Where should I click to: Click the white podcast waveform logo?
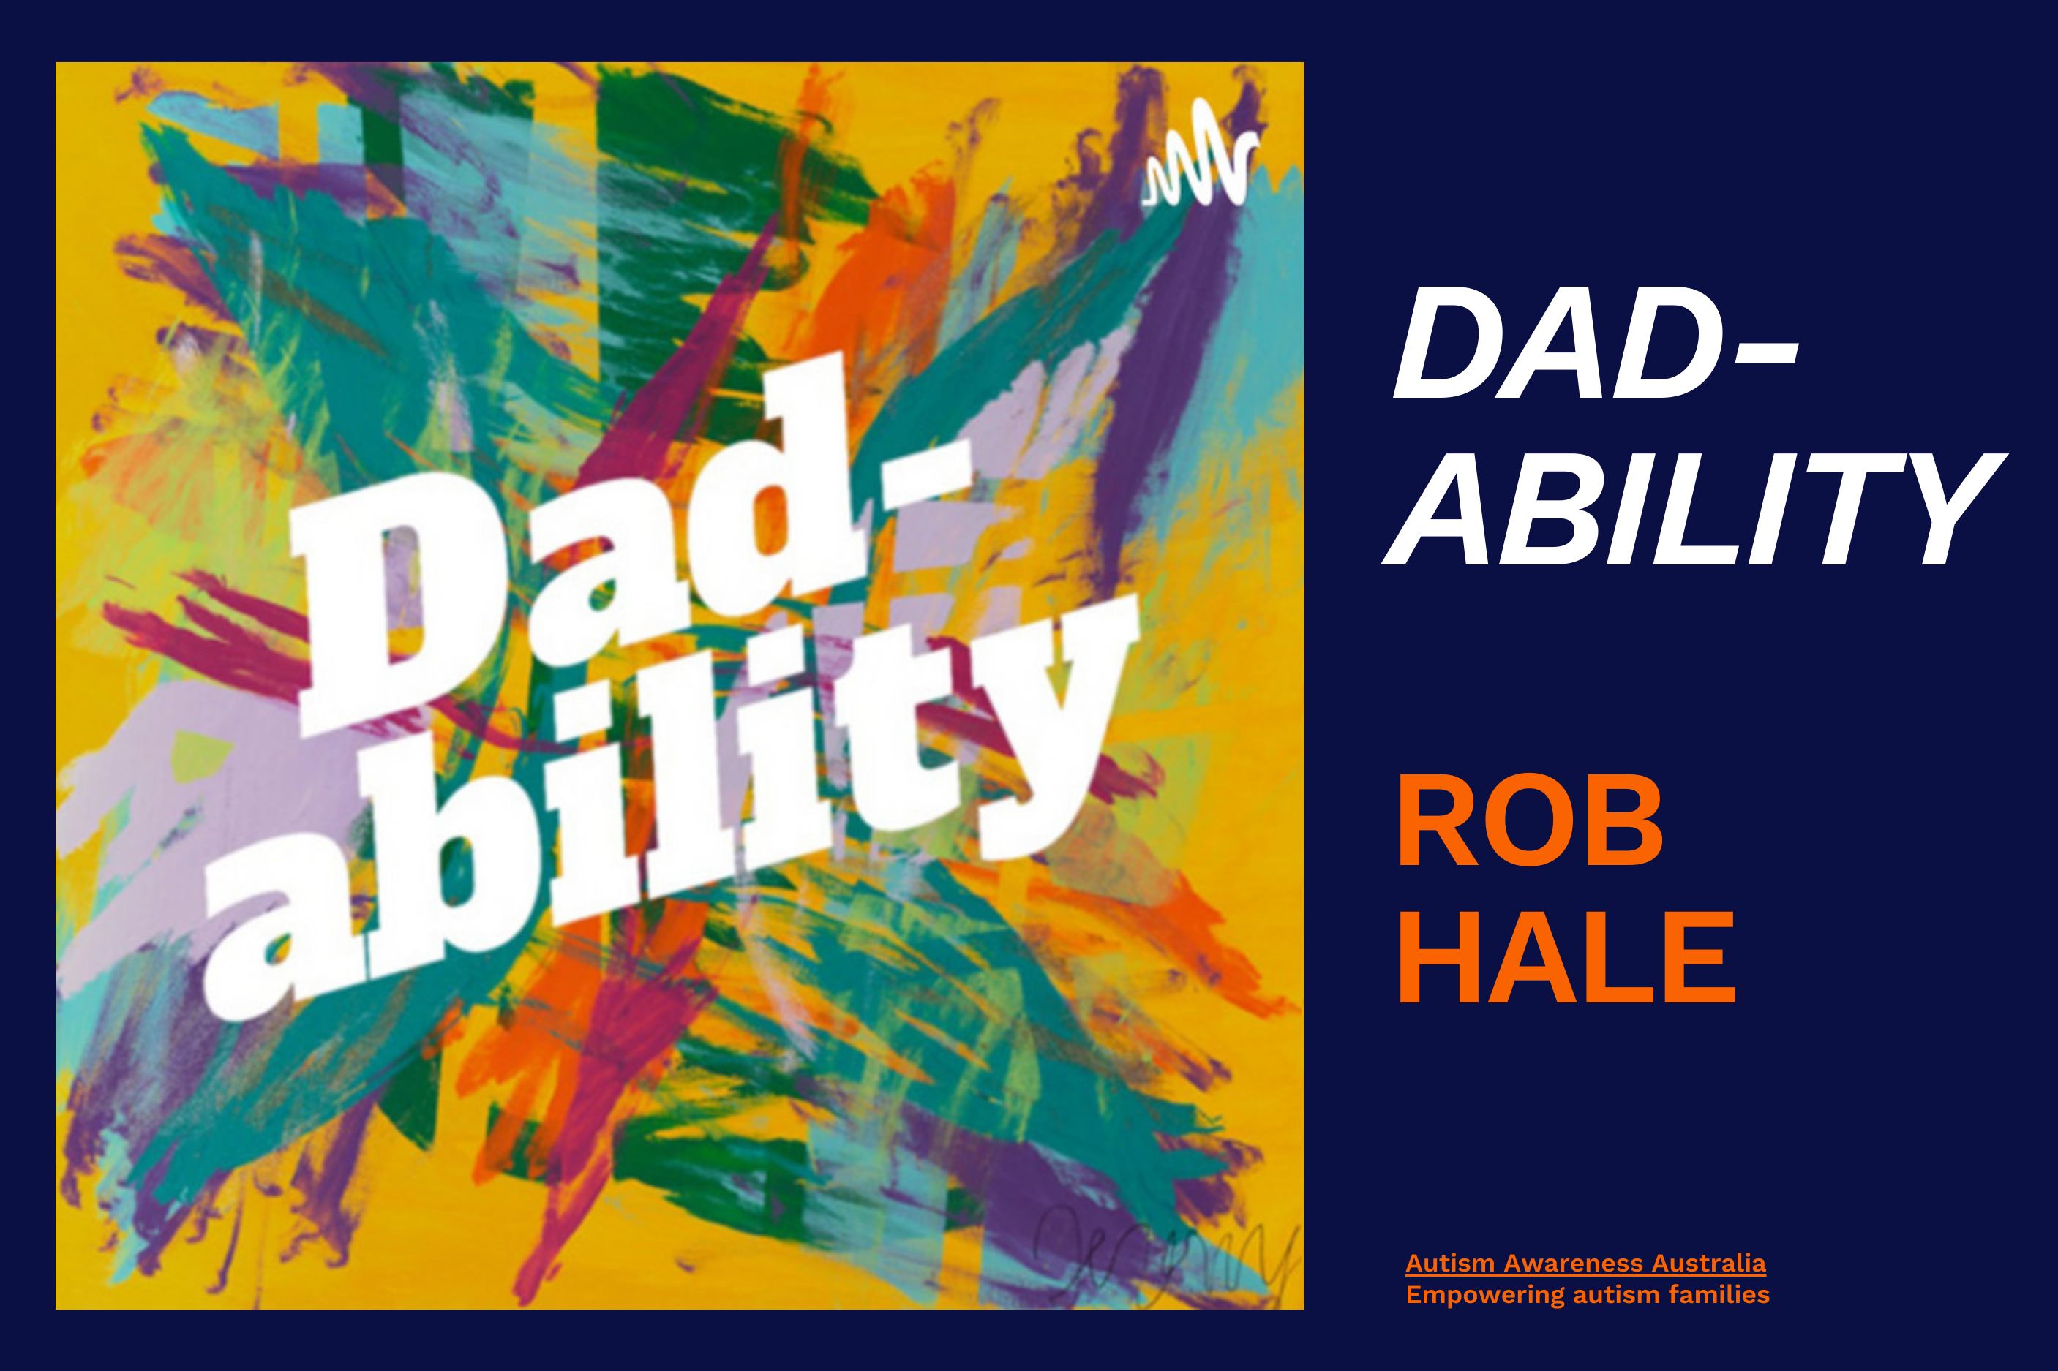(x=1201, y=152)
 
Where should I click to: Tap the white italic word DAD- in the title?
(x=1594, y=344)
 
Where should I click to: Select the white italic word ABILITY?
(x=1693, y=509)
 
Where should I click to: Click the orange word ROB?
(x=1530, y=819)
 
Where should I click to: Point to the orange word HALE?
(x=1566, y=956)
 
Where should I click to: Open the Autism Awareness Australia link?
(x=1585, y=1264)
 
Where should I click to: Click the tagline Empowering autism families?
(x=1588, y=1295)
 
